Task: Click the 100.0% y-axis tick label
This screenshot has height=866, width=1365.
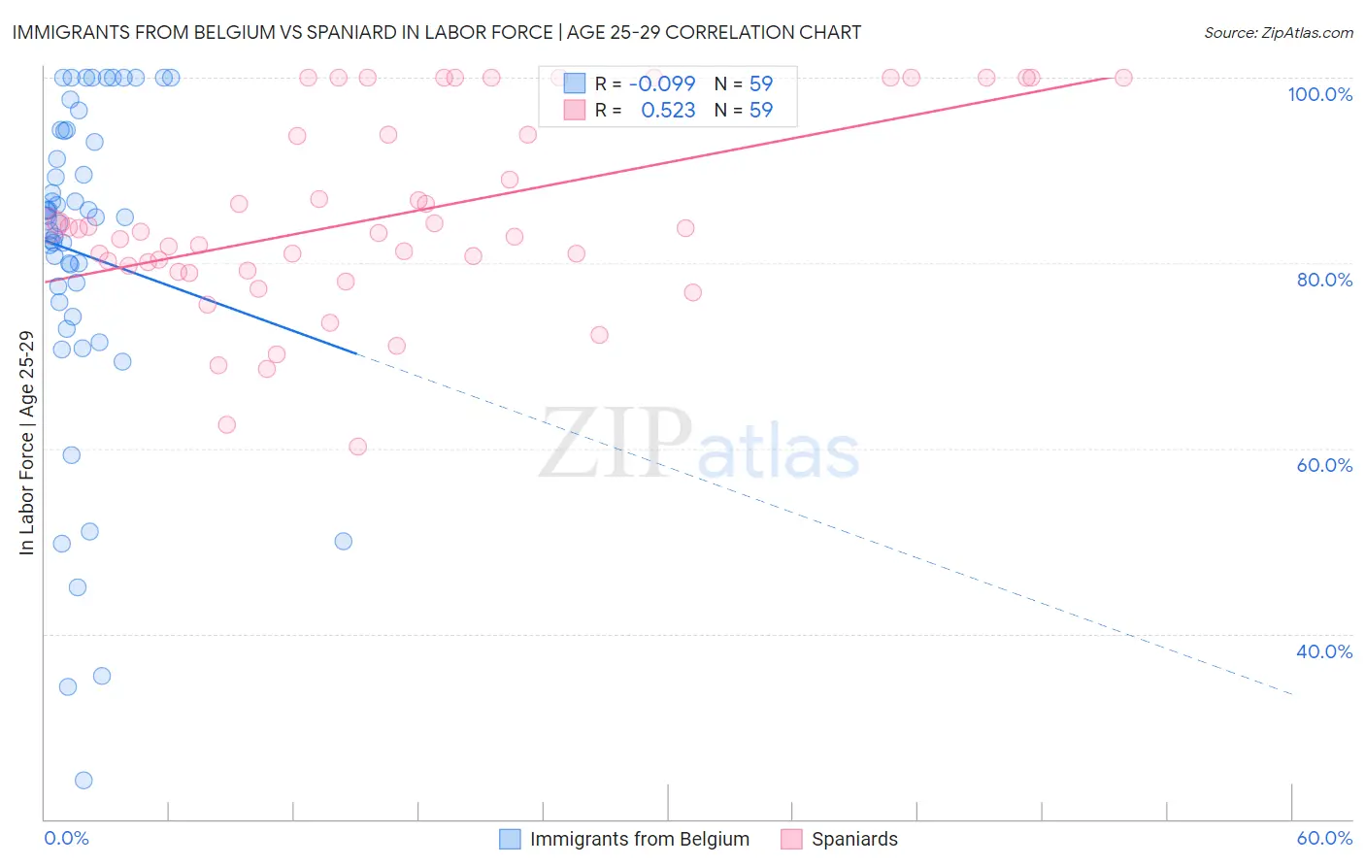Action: point(1319,94)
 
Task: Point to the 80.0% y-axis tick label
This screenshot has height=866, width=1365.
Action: point(1324,280)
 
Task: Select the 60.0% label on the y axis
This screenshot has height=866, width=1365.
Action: point(1324,465)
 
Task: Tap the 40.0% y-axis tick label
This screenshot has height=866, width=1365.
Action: point(1324,651)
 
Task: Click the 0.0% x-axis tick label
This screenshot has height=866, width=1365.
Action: point(66,838)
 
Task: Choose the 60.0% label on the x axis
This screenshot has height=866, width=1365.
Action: point(1324,838)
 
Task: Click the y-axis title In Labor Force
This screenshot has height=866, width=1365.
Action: point(26,443)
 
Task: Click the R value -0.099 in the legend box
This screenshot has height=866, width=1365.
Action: point(662,83)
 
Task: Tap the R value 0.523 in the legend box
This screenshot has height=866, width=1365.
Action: point(668,111)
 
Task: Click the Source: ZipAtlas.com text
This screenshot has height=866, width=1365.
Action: point(1278,32)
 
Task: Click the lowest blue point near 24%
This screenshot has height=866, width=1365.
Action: point(83,781)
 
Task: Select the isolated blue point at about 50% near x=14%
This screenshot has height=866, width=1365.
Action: point(343,541)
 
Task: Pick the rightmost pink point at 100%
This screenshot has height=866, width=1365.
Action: point(1123,78)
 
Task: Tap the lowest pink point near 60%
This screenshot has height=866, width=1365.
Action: point(357,447)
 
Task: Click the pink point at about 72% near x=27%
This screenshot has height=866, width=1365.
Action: point(599,335)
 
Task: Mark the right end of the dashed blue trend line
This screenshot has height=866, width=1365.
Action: point(1292,694)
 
